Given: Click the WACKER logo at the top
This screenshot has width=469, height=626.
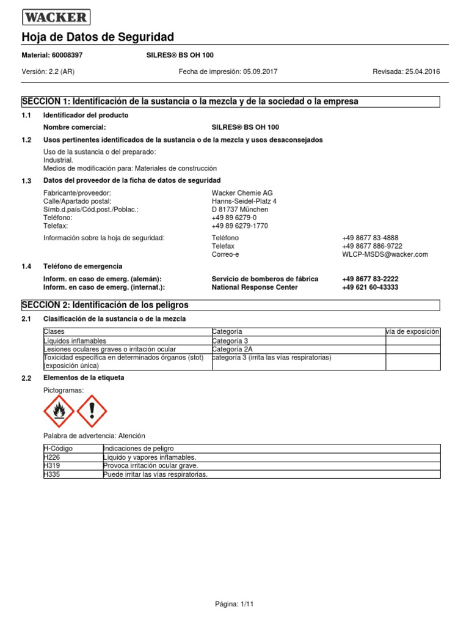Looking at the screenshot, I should tap(56, 17).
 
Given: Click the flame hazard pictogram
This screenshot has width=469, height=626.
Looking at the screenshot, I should tap(59, 410).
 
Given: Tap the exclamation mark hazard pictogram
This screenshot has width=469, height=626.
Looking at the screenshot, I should tap(92, 410).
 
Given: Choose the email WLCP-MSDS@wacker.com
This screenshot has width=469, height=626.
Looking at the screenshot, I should tap(385, 254).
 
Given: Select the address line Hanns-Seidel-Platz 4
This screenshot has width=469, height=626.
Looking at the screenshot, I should tap(244, 201).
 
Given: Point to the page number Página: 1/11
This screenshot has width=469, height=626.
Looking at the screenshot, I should tap(234, 603).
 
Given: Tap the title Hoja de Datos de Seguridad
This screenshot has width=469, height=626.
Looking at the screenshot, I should tap(98, 37).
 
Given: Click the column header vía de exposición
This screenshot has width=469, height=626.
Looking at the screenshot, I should tap(412, 331).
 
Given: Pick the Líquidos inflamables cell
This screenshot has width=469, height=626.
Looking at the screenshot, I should tap(75, 341).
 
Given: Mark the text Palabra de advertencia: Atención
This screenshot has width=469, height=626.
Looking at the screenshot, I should tap(94, 436).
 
